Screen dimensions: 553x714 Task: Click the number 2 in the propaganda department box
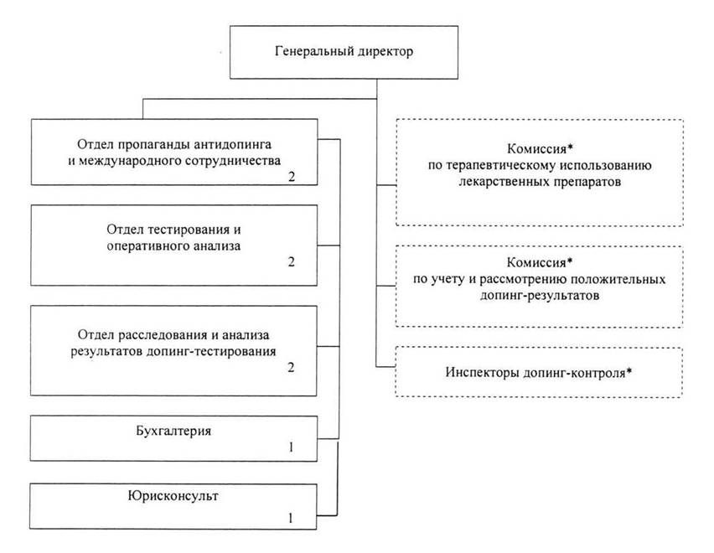(291, 176)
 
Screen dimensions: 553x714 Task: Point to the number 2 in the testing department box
(291, 261)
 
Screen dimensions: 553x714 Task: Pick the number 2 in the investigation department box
(291, 368)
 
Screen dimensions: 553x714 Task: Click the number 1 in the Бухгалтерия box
(291, 447)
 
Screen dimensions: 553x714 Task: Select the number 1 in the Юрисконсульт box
(291, 517)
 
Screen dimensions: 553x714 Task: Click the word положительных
(618, 279)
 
